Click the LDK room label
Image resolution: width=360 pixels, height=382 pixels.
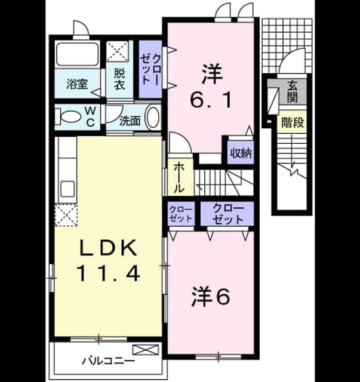coord(108,248)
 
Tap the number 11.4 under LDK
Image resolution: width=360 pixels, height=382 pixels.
coord(108,273)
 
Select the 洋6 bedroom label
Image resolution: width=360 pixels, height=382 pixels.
coord(211,296)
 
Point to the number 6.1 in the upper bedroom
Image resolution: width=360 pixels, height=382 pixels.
coord(211,100)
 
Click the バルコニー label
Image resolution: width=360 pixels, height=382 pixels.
coord(108,361)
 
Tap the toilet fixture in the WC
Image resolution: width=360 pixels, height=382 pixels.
coord(68,117)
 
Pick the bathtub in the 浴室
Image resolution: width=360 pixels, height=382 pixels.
coord(78,54)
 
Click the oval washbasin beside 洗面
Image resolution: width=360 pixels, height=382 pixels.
coord(153,117)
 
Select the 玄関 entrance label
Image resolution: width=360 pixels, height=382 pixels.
coord(292,91)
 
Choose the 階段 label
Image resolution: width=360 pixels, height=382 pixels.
coord(293,122)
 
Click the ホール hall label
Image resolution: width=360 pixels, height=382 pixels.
coord(179,177)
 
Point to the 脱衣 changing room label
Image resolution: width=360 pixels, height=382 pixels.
coord(119,79)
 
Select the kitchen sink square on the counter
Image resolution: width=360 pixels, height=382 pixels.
coord(67,189)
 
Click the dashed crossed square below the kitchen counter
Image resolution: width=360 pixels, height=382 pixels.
coord(66,215)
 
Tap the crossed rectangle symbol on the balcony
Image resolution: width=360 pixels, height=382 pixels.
coord(146,350)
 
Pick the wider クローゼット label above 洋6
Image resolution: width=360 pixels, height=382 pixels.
coord(228,214)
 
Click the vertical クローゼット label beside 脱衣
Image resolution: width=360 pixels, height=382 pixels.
coord(150,69)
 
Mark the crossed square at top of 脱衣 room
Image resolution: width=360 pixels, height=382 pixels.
coord(118,52)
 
